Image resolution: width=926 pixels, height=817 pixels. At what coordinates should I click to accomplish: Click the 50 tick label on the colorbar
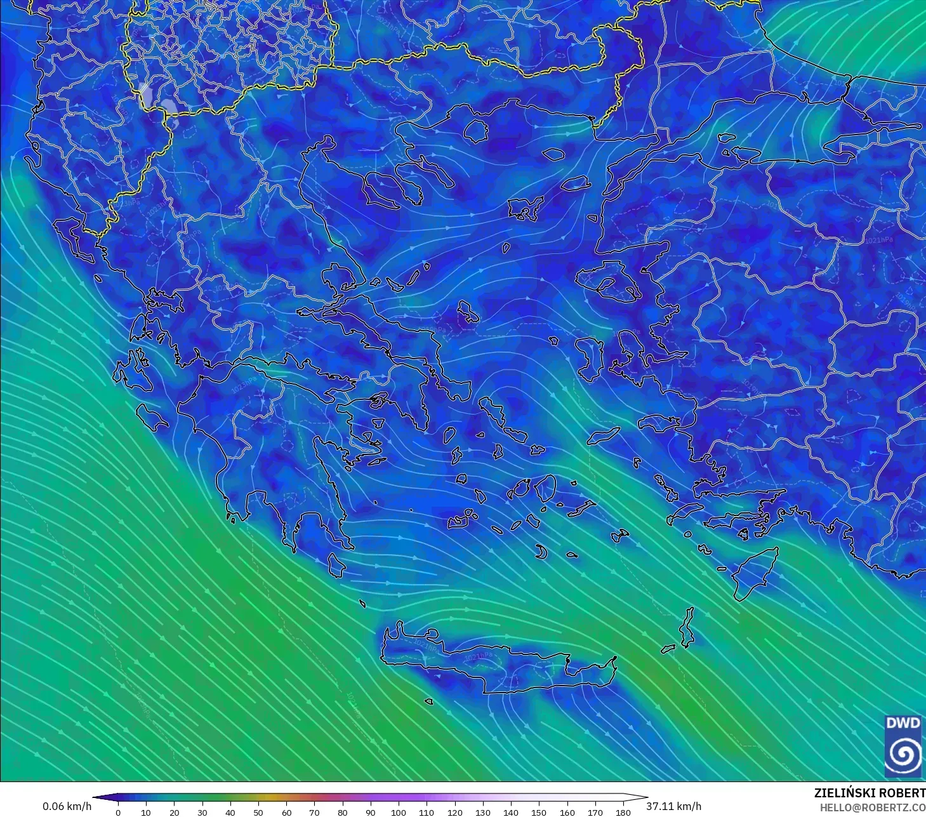coord(258,812)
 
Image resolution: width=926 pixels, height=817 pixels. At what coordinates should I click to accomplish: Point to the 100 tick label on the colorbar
coord(399,812)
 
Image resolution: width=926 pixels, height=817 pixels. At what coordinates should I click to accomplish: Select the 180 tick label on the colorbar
coord(623,812)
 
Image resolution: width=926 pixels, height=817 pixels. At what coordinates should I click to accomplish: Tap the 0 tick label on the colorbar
coord(118,812)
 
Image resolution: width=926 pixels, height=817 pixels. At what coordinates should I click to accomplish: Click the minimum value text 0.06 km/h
coord(67,806)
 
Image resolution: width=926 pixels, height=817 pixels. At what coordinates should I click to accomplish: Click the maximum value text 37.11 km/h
coord(674,806)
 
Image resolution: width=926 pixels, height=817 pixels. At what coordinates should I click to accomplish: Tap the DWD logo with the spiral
coord(903,746)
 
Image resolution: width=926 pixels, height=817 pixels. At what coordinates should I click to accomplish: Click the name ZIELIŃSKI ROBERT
coord(870,793)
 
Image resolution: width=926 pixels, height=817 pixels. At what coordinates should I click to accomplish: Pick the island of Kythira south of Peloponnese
coord(336,564)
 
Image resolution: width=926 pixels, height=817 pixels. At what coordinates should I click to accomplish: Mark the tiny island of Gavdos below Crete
coord(429,702)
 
